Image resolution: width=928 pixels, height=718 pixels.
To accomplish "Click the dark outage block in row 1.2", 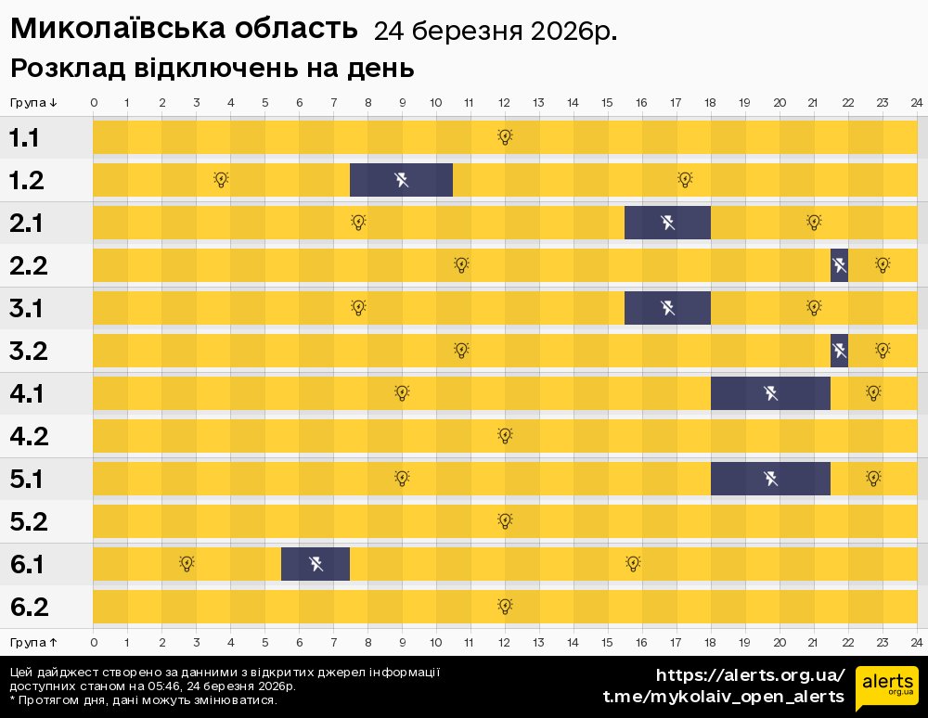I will click(401, 180).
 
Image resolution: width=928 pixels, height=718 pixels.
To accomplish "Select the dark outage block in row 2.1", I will click(667, 223).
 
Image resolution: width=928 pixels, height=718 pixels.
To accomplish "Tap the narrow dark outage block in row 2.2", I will click(839, 265).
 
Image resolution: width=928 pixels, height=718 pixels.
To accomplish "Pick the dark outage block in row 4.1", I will click(770, 393).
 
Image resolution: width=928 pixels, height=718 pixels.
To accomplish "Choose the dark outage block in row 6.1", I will click(316, 564).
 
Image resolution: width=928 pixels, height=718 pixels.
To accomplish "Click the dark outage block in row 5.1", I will click(770, 479).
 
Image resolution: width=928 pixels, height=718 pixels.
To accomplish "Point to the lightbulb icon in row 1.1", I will click(505, 137).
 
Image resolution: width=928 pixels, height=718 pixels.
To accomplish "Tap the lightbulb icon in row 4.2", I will click(505, 435).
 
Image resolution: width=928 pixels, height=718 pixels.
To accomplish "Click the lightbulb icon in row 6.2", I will click(505, 606).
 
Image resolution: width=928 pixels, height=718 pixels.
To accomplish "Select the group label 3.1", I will click(25, 309).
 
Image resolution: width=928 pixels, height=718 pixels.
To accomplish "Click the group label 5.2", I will click(29, 522).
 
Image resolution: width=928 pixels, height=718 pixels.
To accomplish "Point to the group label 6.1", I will click(27, 565).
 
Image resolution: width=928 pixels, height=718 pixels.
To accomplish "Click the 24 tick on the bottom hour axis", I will click(916, 642).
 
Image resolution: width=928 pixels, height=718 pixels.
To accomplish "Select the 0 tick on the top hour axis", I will click(94, 102).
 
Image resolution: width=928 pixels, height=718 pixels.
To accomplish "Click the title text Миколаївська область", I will click(184, 30).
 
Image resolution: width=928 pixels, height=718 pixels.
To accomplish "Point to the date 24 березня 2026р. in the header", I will click(495, 32).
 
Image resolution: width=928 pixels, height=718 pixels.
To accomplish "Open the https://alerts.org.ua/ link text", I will click(750, 674).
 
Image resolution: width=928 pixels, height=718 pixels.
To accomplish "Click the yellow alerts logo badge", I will click(886, 687).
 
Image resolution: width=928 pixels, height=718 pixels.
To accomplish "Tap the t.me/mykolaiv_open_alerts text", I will click(723, 697).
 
